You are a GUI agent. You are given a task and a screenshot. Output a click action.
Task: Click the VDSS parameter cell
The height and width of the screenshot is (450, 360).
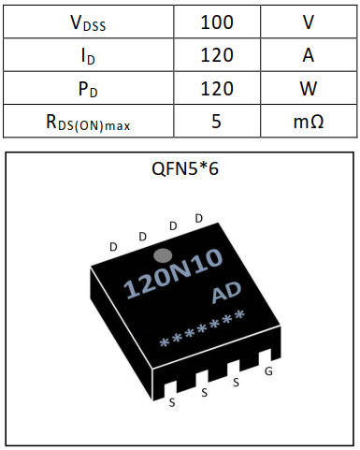(87, 22)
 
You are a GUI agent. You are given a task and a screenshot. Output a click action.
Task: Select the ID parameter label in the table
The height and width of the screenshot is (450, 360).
(87, 55)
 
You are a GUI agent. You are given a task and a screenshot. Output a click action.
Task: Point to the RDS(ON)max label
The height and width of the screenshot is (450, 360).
(87, 122)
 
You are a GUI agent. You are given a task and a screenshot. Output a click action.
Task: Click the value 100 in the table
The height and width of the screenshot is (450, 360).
(217, 22)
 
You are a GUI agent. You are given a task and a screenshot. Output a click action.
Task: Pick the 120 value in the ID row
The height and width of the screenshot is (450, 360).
(217, 55)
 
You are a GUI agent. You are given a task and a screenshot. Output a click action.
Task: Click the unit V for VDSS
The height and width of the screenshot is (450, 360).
(308, 22)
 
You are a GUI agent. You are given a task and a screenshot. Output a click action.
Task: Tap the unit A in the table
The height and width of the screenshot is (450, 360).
(308, 55)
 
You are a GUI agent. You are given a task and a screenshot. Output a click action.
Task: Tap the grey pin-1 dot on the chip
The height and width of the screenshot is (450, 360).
(162, 254)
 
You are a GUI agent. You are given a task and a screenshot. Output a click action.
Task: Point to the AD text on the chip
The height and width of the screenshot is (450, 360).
(227, 294)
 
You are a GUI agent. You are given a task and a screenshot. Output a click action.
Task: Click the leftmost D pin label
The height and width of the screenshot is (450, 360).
(113, 247)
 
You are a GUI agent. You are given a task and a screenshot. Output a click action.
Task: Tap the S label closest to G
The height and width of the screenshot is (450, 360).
(236, 383)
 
